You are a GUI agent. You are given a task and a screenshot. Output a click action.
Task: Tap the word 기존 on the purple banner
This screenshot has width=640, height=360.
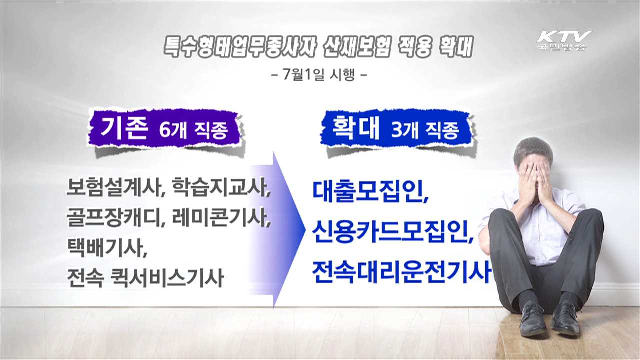click(x=125, y=129)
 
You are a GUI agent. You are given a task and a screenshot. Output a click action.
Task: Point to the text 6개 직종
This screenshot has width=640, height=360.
click(x=193, y=131)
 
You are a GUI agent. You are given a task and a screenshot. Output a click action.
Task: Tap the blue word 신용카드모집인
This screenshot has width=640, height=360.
click(x=393, y=231)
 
